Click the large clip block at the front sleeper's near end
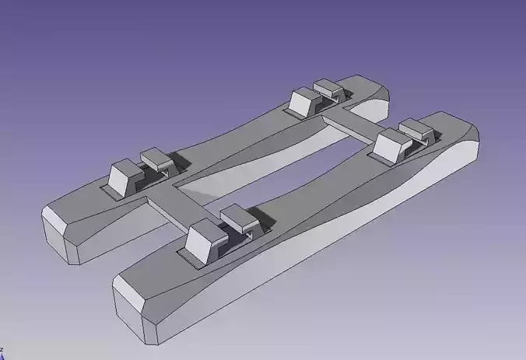tap(204, 240)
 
